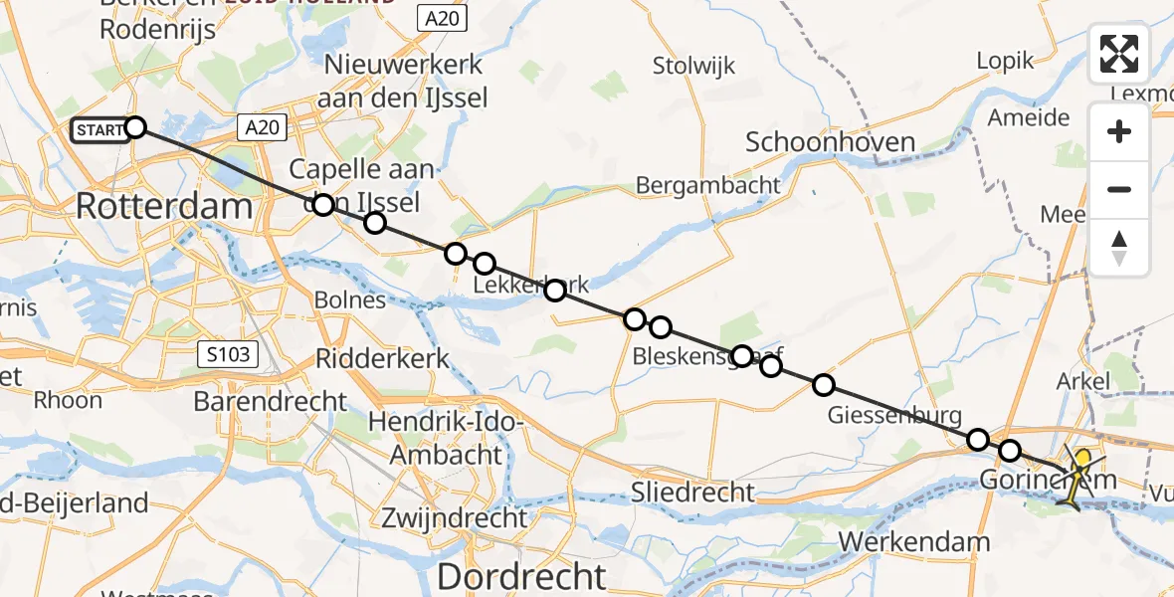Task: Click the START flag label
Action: tap(100, 129)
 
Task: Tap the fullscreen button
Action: tap(1119, 54)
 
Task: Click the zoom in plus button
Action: tap(1119, 131)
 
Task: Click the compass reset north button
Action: tap(1119, 247)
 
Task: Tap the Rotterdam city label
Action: tap(164, 208)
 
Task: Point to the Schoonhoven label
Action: tap(830, 142)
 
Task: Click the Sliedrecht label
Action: tap(692, 492)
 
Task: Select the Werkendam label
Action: tap(915, 542)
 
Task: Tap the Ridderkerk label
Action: tap(380, 359)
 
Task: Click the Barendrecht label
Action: tap(271, 402)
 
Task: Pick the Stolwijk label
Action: tap(693, 67)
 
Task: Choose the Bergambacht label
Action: tap(707, 185)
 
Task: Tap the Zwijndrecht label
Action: tap(454, 517)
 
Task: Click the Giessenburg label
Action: tap(894, 415)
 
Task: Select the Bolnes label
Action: tap(349, 299)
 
